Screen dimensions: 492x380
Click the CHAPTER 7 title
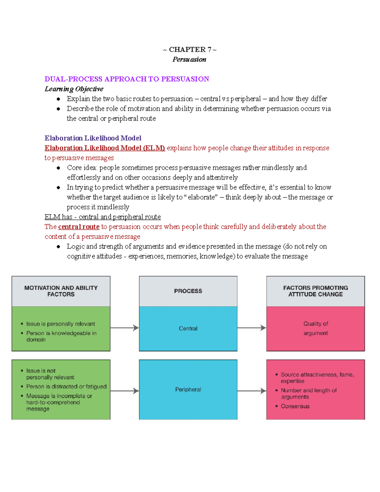[x=190, y=49]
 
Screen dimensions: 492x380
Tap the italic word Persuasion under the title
[x=189, y=60]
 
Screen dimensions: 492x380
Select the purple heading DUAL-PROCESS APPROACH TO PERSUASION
[x=127, y=79]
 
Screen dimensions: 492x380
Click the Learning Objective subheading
[x=74, y=89]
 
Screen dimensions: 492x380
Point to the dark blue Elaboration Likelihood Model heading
[x=93, y=138]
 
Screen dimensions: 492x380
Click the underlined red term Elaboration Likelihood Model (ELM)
[x=105, y=148]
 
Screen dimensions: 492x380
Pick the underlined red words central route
[x=79, y=227]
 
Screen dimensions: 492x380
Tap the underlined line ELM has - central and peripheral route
[x=103, y=217]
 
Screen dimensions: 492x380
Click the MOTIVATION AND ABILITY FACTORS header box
[x=61, y=291]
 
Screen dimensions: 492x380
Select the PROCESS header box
[x=188, y=291]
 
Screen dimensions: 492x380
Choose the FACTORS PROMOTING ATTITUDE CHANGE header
[x=315, y=291]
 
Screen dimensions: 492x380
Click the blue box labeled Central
[x=188, y=329]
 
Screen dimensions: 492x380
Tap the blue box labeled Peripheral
[x=188, y=390]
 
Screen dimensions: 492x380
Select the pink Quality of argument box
[x=315, y=329]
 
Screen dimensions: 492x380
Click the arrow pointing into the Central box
[x=124, y=328]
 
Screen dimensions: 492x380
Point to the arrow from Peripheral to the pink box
[x=252, y=391]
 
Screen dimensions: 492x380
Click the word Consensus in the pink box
[x=295, y=406]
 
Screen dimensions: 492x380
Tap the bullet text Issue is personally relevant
[x=60, y=324]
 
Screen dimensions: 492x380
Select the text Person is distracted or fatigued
[x=66, y=387]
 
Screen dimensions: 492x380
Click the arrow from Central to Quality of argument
[x=252, y=328]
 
